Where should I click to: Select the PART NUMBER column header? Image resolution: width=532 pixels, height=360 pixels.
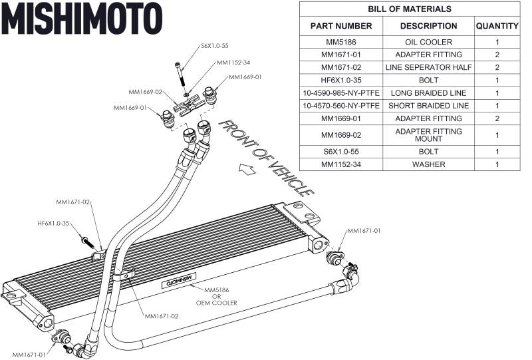click(x=340, y=26)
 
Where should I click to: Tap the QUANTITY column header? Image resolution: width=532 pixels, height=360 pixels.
click(x=496, y=26)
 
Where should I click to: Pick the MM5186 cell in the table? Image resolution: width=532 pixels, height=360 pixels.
click(x=340, y=42)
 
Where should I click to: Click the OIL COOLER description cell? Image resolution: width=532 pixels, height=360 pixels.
click(x=428, y=42)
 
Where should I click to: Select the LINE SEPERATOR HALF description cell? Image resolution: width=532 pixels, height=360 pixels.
click(x=428, y=67)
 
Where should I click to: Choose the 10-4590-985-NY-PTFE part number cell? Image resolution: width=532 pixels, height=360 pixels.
click(x=340, y=92)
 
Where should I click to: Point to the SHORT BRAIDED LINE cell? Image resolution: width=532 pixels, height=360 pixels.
click(x=428, y=105)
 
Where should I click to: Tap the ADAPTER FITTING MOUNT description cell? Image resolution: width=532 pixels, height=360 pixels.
click(x=428, y=135)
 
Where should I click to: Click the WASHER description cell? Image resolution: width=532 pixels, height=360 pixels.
click(x=428, y=164)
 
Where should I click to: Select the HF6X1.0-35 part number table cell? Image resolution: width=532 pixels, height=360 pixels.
click(x=340, y=80)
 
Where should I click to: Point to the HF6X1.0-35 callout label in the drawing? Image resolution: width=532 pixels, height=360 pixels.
click(x=54, y=224)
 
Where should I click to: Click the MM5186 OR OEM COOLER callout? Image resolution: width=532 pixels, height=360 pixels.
click(x=220, y=297)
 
